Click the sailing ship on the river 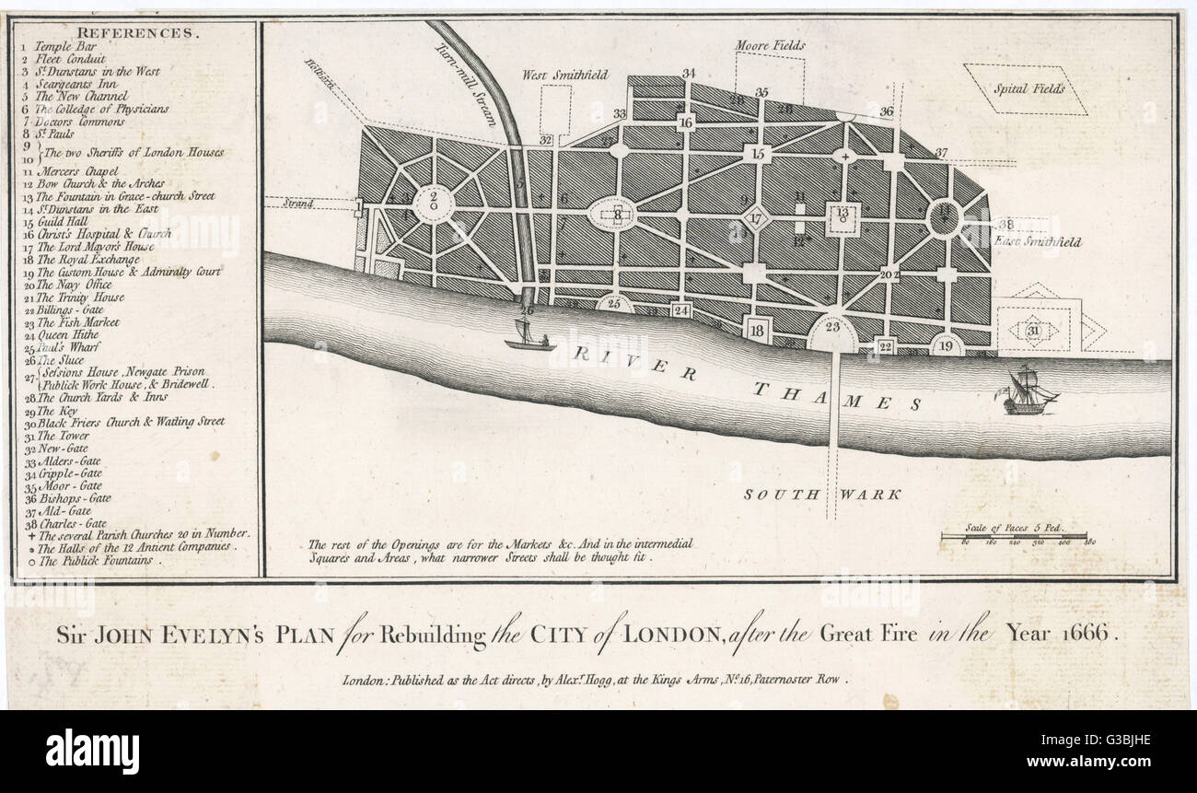tap(1028, 391)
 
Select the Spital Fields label tap(1028, 89)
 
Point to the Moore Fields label tap(770, 45)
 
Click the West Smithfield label tap(565, 75)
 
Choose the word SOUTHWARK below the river tap(821, 495)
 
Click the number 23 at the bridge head tap(833, 327)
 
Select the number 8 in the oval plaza tap(618, 215)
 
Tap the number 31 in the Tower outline tap(1032, 331)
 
